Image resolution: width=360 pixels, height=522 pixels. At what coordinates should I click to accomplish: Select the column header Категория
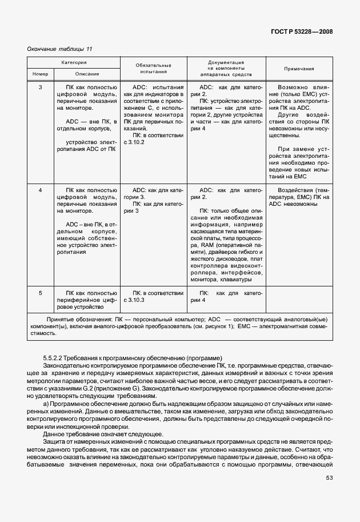pos(74,62)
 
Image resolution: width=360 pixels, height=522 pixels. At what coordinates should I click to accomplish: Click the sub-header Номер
pos(40,74)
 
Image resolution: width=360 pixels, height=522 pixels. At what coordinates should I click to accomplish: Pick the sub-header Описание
pos(87,74)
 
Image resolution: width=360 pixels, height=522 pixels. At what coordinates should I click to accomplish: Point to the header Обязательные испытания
pos(153,69)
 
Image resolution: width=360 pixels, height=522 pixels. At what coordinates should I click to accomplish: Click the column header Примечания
pos(299,69)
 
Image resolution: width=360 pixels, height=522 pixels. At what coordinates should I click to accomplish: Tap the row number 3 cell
pos(40,87)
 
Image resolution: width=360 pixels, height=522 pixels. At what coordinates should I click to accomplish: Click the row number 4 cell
pos(40,189)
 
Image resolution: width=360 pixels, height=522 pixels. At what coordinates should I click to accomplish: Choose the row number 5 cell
pos(40,293)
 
